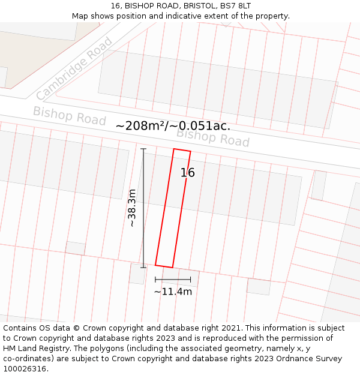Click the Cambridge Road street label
74,69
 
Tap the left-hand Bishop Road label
69,116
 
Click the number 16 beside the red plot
188,173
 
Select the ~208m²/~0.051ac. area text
173,126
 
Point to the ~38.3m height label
132,208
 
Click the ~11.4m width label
173,292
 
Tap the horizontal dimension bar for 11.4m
173,280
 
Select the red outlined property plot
173,208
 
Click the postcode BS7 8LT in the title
236,6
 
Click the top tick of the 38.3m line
143,149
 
